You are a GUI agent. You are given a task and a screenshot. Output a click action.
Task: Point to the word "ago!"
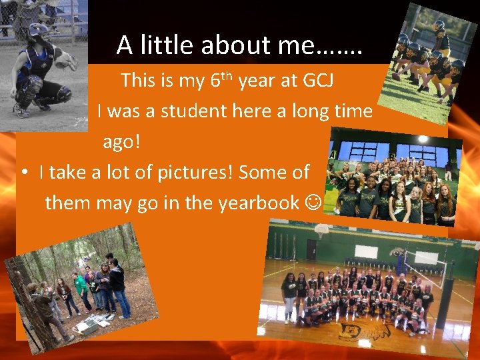[x=122, y=142]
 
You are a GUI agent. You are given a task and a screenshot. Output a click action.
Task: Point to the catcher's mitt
[x=67, y=62]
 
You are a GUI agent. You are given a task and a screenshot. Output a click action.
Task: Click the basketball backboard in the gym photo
[x=322, y=231]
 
